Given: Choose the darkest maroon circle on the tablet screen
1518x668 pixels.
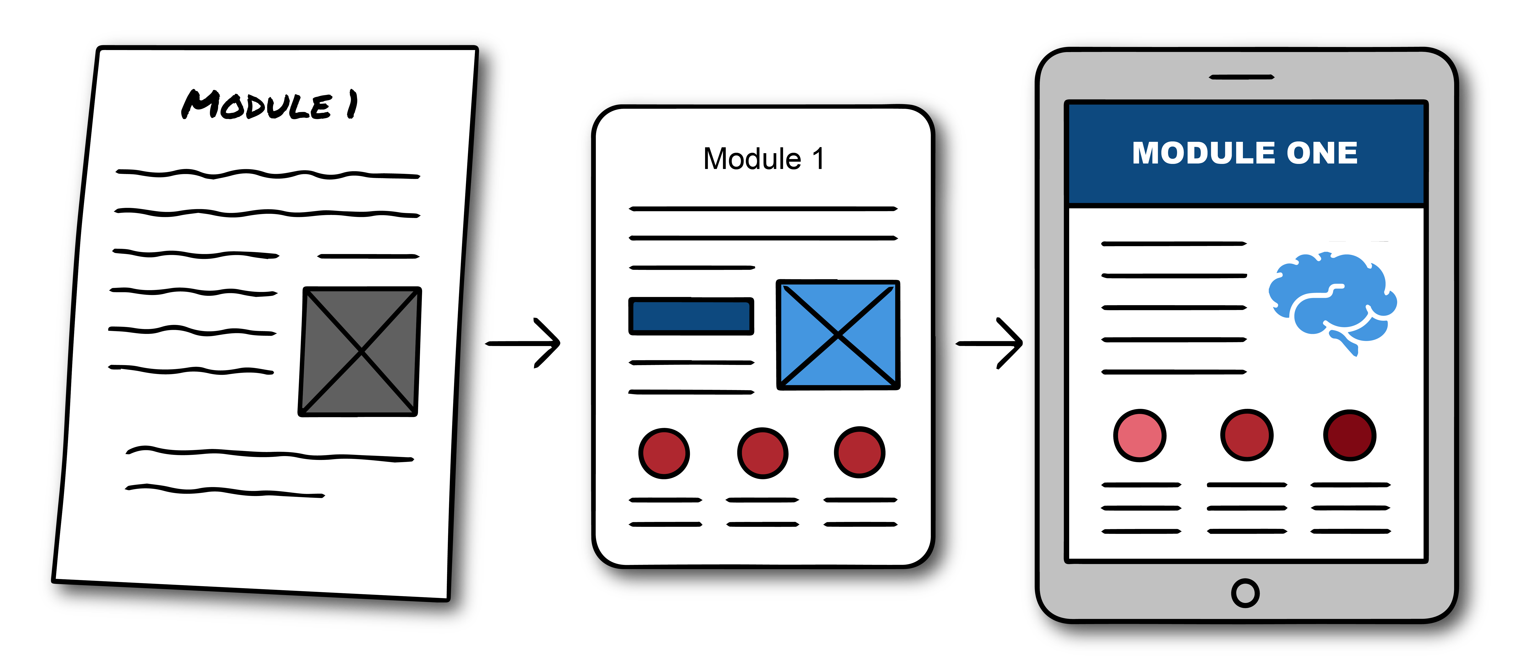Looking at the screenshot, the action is pyautogui.click(x=1350, y=435).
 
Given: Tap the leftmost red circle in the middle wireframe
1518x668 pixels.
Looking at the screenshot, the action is pyautogui.click(x=664, y=453).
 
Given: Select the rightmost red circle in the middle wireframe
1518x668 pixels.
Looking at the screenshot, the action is pyautogui.click(x=860, y=452).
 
